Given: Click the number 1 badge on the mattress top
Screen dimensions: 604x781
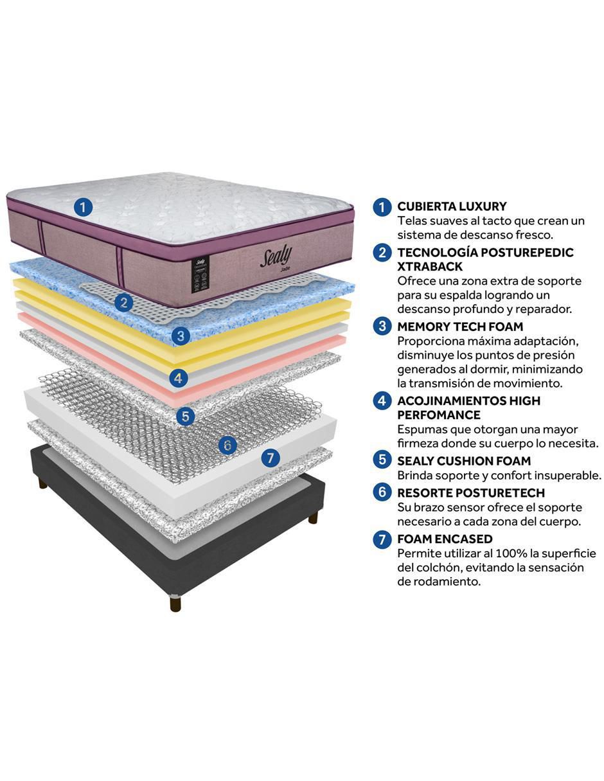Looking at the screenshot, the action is tap(83, 208).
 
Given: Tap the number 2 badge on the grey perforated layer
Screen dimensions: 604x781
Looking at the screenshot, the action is tap(124, 303).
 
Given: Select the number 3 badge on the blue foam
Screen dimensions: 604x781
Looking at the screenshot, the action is tap(181, 336).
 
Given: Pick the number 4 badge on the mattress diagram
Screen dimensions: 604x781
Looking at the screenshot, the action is tap(178, 378).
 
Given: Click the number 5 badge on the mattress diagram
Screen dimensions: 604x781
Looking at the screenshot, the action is tap(186, 416).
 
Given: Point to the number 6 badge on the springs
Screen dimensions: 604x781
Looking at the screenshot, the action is tap(227, 445).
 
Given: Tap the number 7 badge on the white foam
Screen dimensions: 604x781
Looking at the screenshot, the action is tap(271, 458).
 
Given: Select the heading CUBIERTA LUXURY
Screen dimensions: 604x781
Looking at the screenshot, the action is tap(452, 206).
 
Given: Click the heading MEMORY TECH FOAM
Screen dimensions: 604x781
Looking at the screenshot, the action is tap(460, 327).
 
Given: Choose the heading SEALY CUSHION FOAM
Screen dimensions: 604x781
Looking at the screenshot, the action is tap(464, 461).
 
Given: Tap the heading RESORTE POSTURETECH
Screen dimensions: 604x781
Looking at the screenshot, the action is tap(471, 493).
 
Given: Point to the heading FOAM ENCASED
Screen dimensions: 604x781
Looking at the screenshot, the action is tap(445, 539).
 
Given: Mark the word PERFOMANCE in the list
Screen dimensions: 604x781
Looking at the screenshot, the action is tap(439, 415).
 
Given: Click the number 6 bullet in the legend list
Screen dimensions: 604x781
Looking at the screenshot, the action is tap(382, 492).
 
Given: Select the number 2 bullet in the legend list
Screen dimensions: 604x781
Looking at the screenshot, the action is tap(382, 252).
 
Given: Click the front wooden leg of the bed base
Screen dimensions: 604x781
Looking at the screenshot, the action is tap(175, 603).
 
